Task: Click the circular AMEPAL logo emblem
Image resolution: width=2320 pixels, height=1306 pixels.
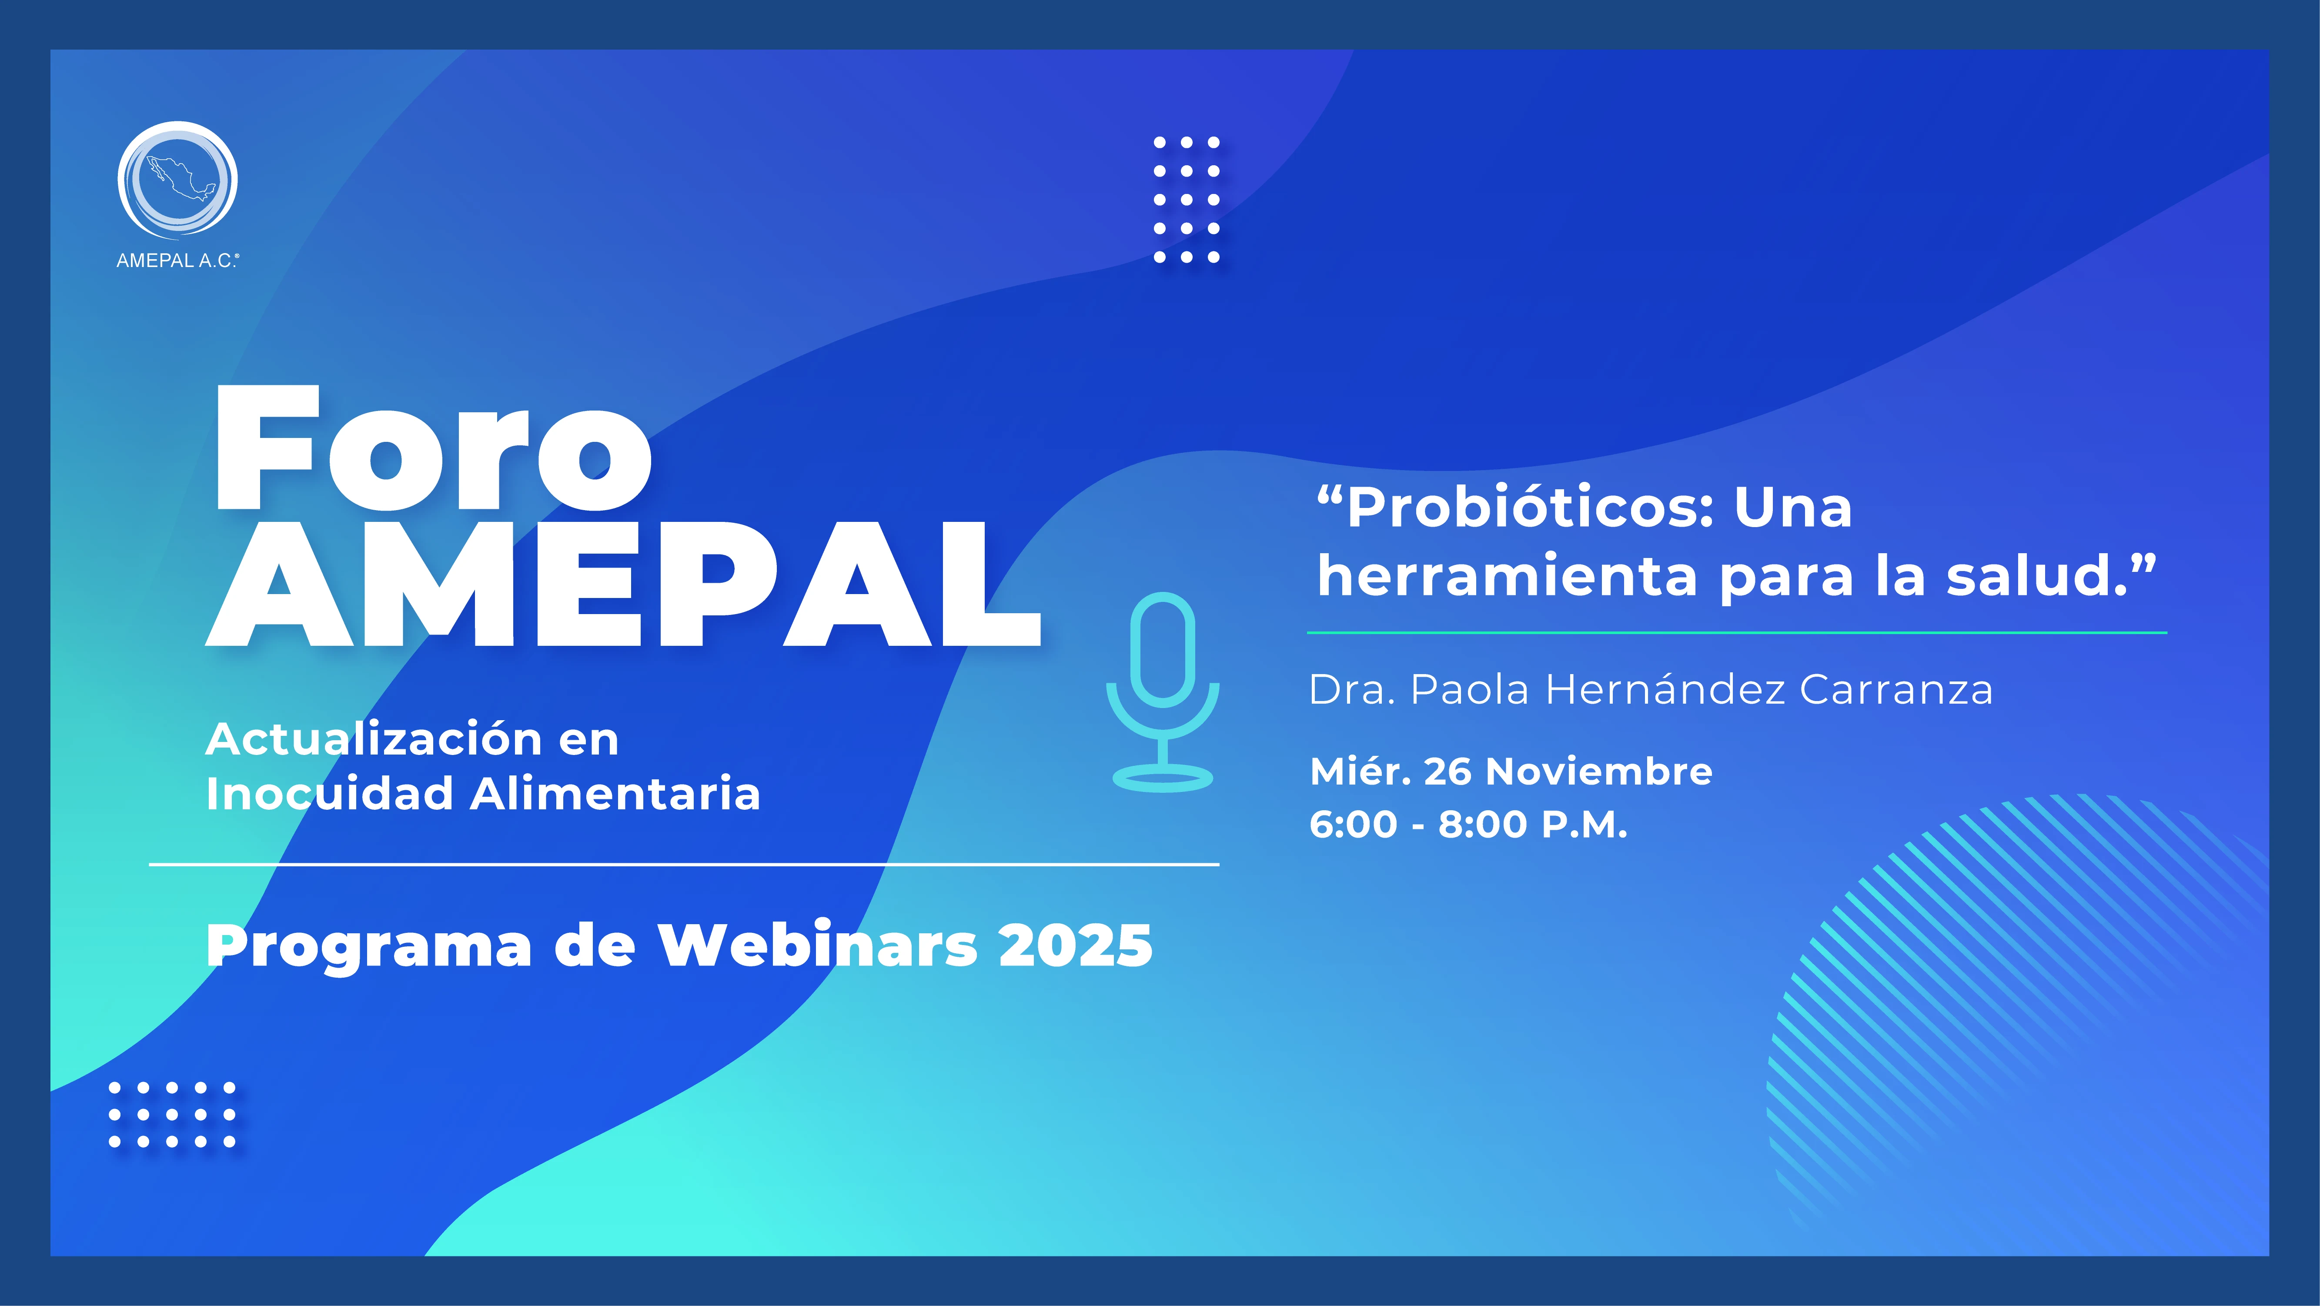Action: (x=177, y=180)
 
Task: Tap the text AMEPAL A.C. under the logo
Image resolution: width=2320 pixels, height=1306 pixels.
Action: (x=177, y=261)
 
